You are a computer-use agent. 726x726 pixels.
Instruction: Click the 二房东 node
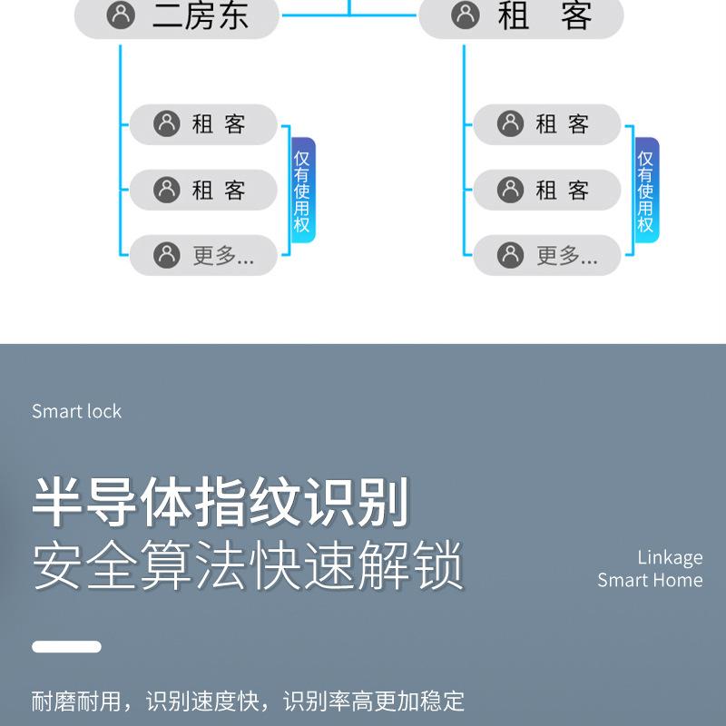click(176, 16)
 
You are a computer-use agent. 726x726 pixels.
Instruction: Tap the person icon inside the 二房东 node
click(121, 15)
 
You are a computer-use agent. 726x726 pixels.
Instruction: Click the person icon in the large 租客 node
click(465, 15)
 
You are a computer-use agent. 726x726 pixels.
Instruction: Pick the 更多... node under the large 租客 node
click(546, 255)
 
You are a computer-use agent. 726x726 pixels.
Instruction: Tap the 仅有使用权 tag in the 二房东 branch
click(302, 191)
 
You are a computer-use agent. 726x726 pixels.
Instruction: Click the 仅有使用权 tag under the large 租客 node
click(646, 191)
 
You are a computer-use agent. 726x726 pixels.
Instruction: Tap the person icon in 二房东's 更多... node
click(167, 255)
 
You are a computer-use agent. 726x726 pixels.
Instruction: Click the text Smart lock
click(76, 411)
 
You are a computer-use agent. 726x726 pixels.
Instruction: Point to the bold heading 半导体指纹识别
click(221, 503)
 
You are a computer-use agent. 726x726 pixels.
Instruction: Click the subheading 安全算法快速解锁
click(248, 566)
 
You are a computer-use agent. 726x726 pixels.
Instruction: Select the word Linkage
click(670, 557)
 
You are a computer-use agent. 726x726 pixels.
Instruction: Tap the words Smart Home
click(650, 580)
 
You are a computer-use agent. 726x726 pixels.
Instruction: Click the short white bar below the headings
click(66, 647)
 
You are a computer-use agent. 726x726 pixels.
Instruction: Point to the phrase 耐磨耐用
click(76, 701)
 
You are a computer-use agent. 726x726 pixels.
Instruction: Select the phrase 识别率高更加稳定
click(374, 701)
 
